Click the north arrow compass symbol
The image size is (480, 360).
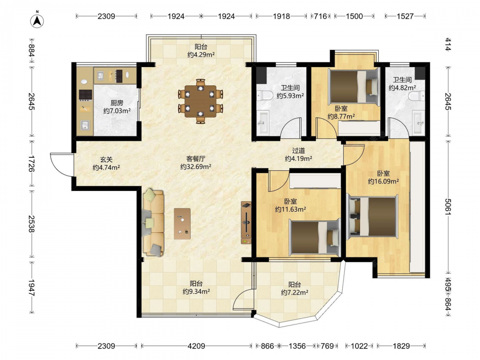pos(37,21)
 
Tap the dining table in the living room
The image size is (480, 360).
pos(200,101)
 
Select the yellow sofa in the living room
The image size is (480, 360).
pos(154,223)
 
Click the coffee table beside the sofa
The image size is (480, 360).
pos(182,224)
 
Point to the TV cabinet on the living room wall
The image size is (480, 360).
pos(246,223)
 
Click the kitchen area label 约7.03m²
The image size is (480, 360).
pos(117,111)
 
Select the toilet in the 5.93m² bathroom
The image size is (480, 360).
pos(264,96)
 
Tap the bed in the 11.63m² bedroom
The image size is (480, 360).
pos(315,237)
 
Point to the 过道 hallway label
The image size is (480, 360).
pos(299,151)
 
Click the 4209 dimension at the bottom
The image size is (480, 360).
pos(196,346)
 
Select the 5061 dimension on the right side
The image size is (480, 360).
pos(447,206)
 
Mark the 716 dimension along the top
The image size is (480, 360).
pos(320,16)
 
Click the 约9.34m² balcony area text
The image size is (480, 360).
pos(196,291)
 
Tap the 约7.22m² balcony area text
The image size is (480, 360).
pos(295,293)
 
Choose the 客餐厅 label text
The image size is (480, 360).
pos(196,159)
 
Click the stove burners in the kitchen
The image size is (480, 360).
pos(85,95)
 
